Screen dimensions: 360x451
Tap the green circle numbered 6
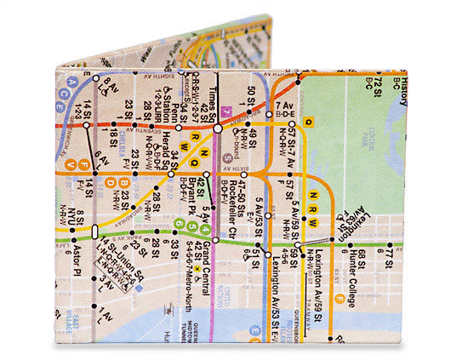(x=179, y=225)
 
